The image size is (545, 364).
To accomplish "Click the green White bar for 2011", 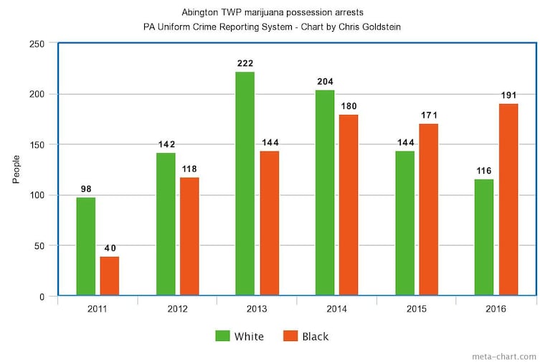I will (86, 246).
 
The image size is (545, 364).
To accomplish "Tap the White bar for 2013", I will (245, 183).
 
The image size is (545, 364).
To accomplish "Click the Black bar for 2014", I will (349, 205).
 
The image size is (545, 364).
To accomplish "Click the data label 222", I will (245, 64).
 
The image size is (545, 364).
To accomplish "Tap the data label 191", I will (508, 95).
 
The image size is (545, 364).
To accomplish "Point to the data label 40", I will (110, 248).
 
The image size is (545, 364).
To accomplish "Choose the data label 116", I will (485, 172).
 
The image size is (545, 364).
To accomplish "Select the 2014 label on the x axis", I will (336, 309).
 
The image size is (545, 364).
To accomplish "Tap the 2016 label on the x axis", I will (496, 309).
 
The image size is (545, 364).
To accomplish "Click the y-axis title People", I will (16, 169).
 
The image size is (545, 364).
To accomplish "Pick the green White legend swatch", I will (223, 336).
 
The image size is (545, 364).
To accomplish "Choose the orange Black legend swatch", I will (290, 336).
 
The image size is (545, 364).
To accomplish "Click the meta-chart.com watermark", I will (503, 356).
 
